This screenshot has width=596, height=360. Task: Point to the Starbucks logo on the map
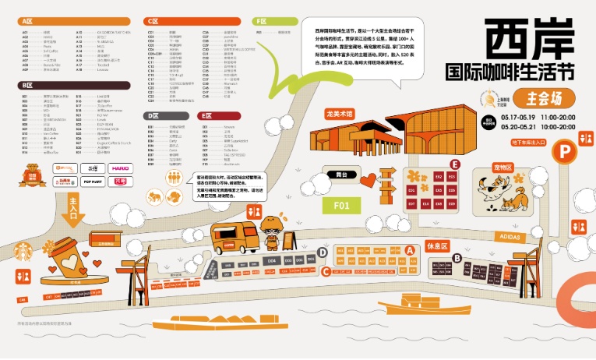click(x=20, y=252)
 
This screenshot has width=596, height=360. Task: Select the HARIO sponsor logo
click(x=120, y=168)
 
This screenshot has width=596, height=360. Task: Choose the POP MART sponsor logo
click(x=92, y=181)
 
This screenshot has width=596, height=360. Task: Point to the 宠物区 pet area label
click(x=503, y=168)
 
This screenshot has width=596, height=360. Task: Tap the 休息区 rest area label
click(x=438, y=245)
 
